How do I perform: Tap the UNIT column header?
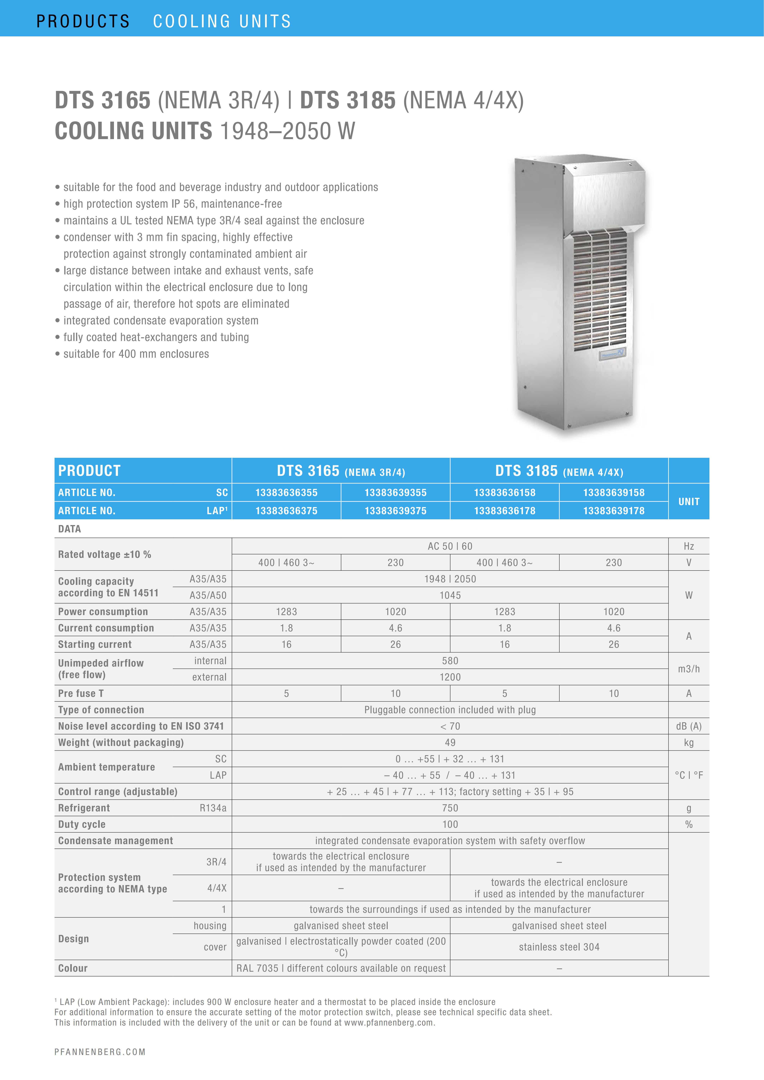(x=689, y=501)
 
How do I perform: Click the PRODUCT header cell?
(x=89, y=470)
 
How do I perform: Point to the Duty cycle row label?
(x=82, y=824)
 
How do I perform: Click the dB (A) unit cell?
(x=689, y=726)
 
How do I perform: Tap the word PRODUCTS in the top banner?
(x=83, y=21)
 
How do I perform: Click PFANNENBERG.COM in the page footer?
(x=100, y=1052)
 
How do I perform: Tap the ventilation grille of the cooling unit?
(x=600, y=292)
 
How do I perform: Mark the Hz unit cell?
(x=689, y=546)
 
